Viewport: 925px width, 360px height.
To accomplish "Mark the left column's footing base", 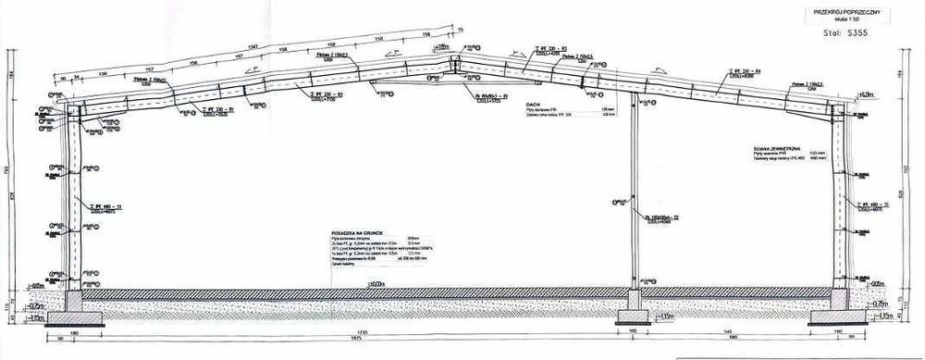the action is pos(66,319).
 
